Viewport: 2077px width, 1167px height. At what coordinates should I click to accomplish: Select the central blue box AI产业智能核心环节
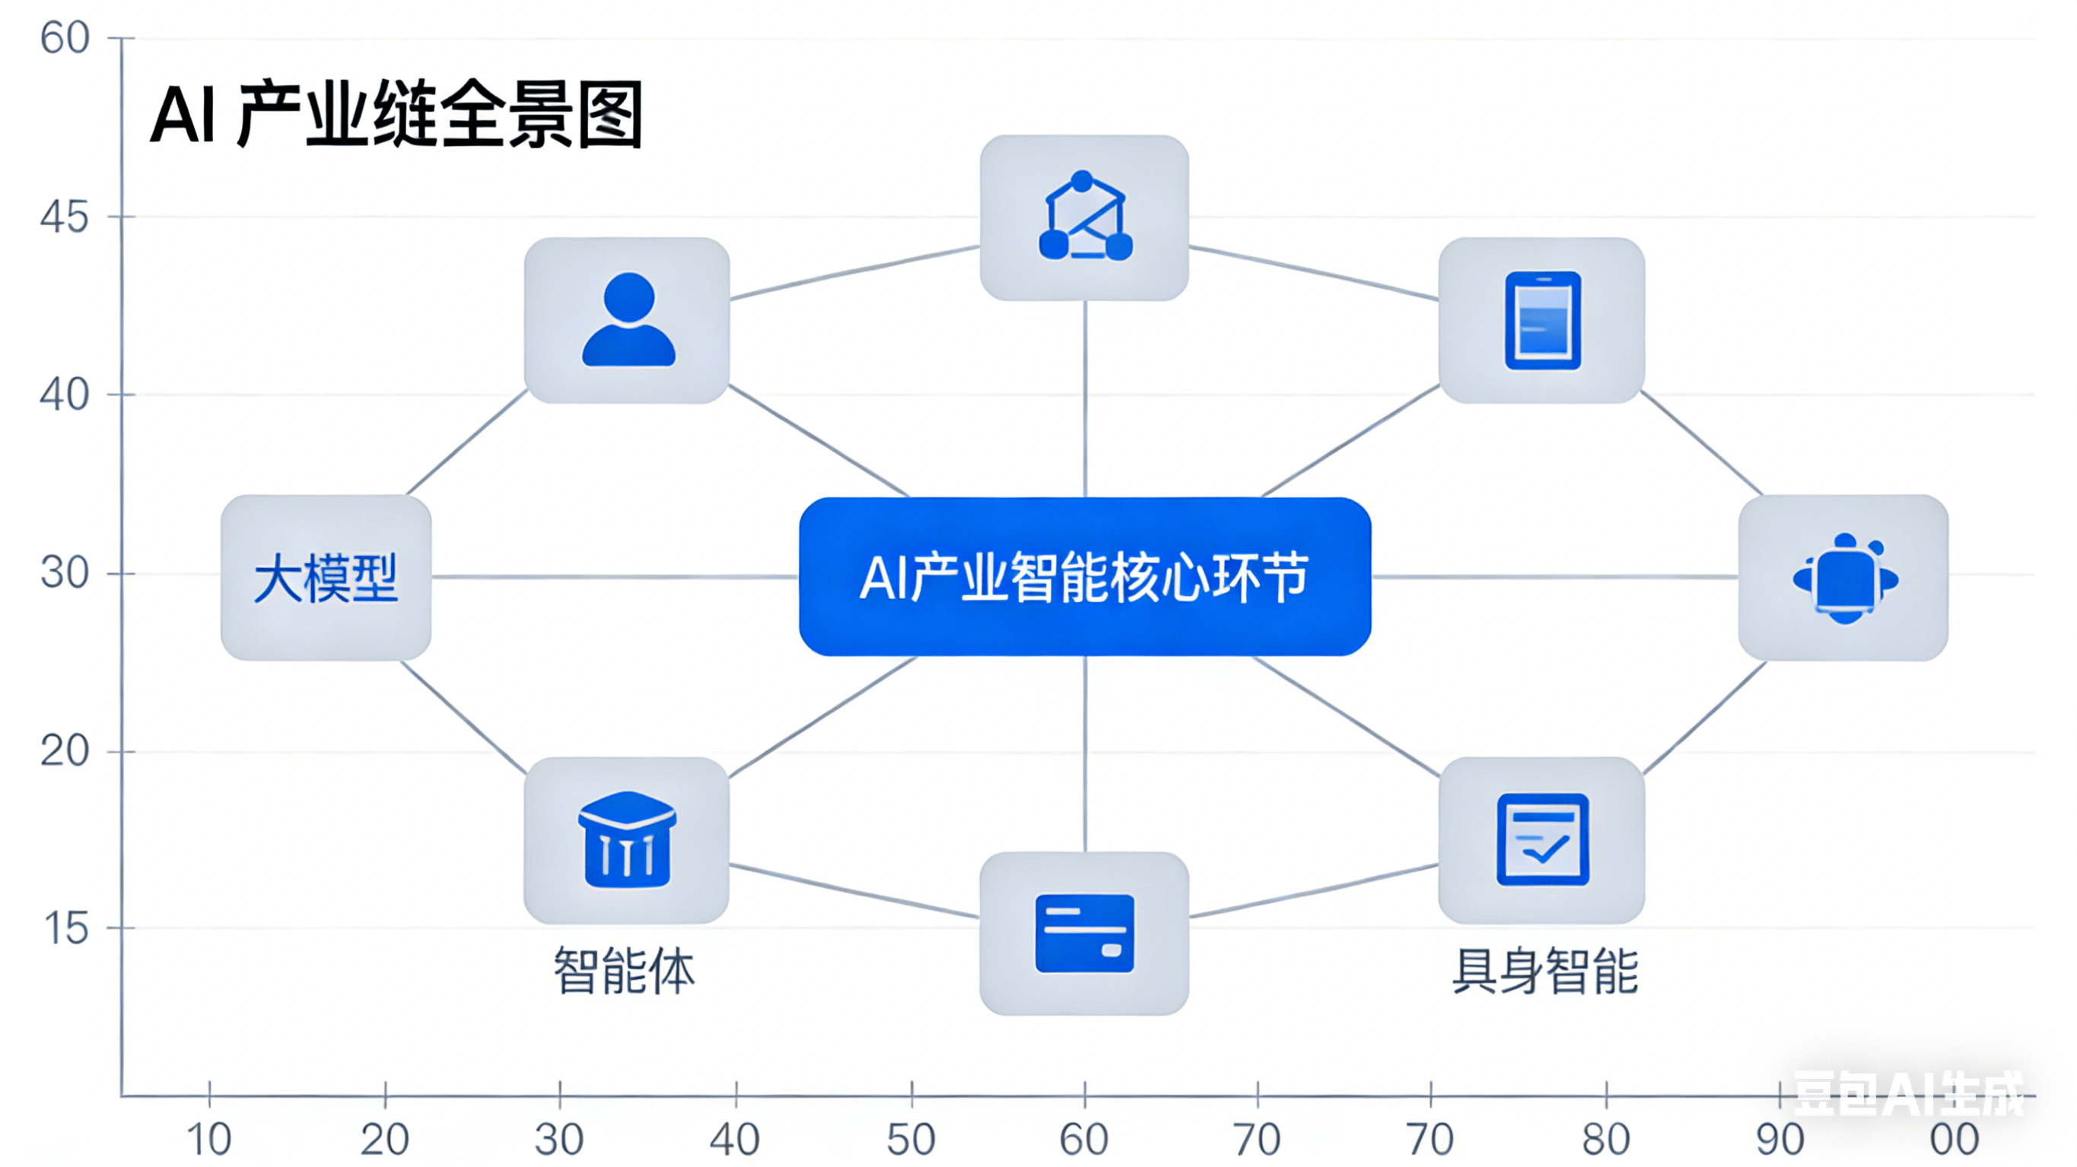click(x=1084, y=577)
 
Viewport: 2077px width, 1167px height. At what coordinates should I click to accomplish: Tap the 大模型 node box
click(x=326, y=578)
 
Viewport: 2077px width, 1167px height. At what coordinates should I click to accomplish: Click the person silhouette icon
click(x=628, y=320)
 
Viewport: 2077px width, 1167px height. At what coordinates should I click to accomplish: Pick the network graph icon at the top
click(x=1084, y=217)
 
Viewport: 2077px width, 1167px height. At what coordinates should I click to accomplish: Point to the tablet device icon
click(x=1541, y=320)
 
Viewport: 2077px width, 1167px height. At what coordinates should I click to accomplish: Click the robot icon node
click(x=1844, y=578)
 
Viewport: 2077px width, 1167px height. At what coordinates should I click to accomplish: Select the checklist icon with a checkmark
click(x=1541, y=839)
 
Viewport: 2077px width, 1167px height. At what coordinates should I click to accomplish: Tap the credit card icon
click(x=1084, y=933)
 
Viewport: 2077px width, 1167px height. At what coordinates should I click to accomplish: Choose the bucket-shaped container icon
click(x=628, y=839)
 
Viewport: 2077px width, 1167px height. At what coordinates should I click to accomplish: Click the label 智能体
click(x=624, y=971)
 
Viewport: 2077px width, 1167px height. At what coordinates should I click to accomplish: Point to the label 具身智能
click(x=1545, y=971)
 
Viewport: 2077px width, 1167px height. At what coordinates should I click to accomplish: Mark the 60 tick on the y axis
click(x=65, y=38)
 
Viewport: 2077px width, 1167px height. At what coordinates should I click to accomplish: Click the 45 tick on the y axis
click(x=65, y=217)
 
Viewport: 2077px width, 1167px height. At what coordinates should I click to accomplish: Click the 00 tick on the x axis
click(x=1955, y=1139)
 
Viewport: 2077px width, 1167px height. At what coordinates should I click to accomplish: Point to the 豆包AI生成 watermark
click(x=1907, y=1094)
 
